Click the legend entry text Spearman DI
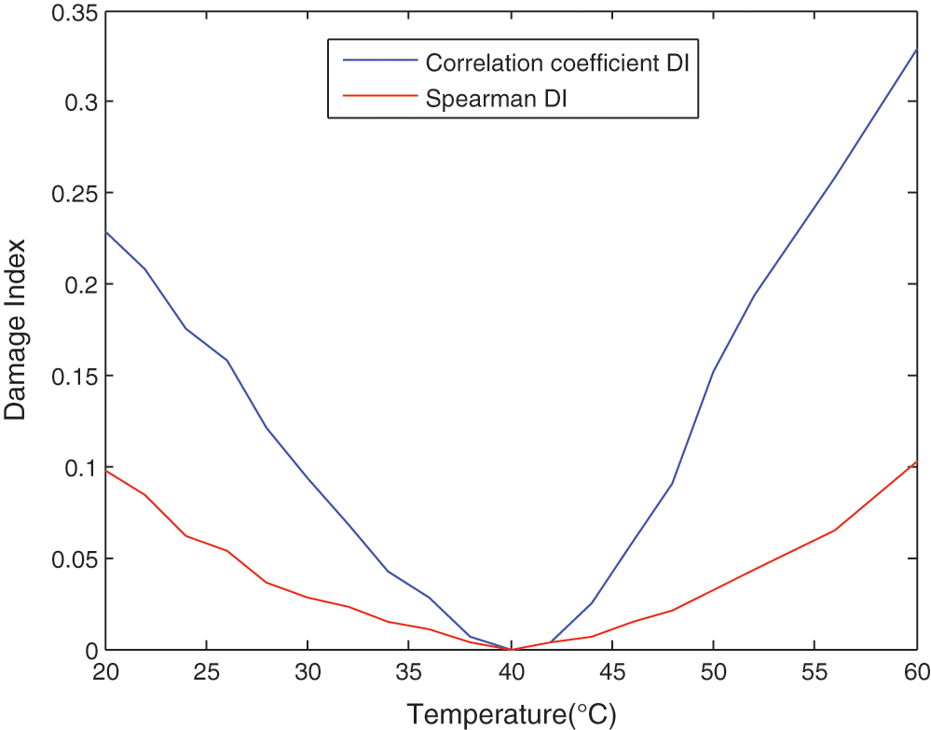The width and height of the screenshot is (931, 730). [496, 97]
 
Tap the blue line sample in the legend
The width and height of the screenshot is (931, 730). [375, 62]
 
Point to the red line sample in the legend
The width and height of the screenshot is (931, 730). [375, 96]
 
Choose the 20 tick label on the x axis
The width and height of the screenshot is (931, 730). [105, 671]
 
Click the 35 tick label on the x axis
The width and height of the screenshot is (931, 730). [409, 671]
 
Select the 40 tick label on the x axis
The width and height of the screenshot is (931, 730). [511, 671]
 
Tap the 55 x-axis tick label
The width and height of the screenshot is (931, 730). [815, 671]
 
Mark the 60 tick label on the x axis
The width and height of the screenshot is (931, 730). [915, 671]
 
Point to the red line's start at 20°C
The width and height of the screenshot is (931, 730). [105, 471]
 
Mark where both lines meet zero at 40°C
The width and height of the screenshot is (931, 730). [511, 649]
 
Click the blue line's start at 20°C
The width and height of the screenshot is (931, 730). [105, 231]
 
